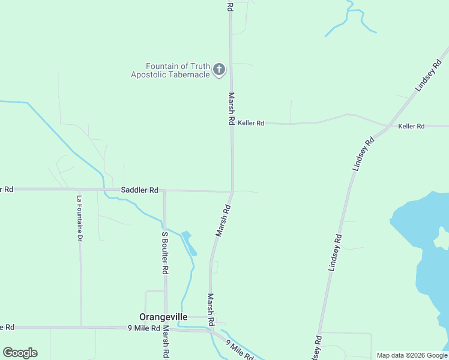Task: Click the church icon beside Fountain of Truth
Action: [219, 70]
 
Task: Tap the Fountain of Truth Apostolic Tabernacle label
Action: [170, 70]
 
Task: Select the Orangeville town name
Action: [163, 317]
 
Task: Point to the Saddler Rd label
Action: [139, 190]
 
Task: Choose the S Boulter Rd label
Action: [164, 253]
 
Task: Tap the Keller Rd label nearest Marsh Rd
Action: [251, 123]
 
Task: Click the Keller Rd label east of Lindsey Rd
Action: [411, 126]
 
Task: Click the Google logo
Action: [20, 353]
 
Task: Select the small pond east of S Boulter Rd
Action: [188, 241]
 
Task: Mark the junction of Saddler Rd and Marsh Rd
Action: [232, 191]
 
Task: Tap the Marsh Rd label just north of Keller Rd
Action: [231, 108]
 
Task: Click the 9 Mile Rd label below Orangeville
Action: [143, 328]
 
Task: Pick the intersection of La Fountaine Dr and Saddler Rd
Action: [79, 189]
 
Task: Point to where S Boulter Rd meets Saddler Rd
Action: [164, 191]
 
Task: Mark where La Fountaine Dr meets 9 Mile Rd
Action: [81, 328]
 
